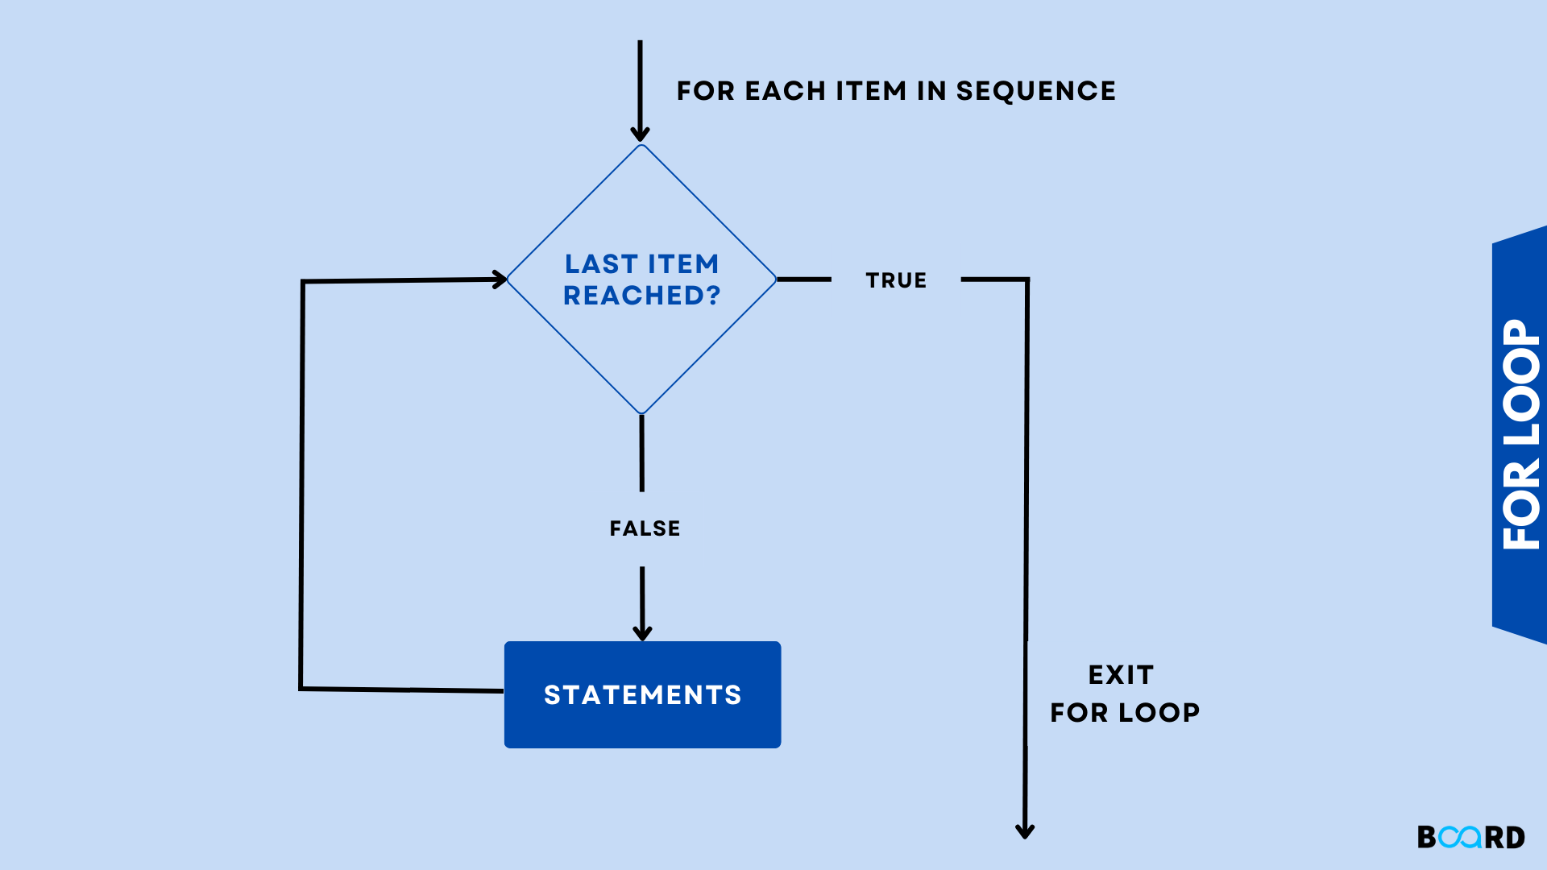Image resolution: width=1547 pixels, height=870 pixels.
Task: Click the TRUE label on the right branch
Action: click(x=896, y=280)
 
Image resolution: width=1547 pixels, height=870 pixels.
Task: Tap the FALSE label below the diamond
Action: click(x=645, y=528)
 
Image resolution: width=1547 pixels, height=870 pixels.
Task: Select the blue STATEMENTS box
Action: click(x=642, y=694)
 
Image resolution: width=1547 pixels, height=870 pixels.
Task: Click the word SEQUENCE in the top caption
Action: click(x=1035, y=91)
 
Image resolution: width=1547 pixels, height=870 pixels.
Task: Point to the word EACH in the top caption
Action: click(x=786, y=91)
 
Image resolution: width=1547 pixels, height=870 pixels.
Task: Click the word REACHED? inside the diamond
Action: click(x=641, y=296)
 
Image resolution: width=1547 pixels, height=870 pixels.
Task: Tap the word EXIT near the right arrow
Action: click(x=1121, y=675)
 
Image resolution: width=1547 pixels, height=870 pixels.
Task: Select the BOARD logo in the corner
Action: click(x=1470, y=837)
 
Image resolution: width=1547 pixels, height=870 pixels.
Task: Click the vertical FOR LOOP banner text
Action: click(x=1521, y=435)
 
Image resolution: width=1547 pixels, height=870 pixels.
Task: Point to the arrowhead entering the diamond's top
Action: click(x=641, y=134)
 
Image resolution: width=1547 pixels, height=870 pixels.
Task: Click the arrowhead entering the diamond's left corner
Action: click(x=500, y=280)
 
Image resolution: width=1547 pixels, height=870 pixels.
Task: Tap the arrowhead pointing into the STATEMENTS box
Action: click(x=642, y=632)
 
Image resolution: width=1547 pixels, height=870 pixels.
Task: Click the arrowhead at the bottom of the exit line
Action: click(x=1025, y=831)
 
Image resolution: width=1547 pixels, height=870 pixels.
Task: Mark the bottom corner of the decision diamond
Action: click(x=641, y=413)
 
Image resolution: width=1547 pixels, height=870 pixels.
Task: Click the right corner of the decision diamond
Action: click(x=775, y=280)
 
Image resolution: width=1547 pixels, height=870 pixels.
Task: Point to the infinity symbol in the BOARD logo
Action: click(x=1460, y=837)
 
